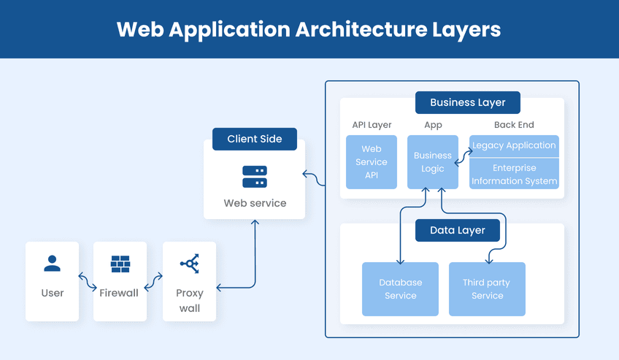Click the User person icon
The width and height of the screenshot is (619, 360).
(x=52, y=264)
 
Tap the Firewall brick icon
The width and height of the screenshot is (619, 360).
(x=120, y=264)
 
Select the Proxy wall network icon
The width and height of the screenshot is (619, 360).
(x=189, y=264)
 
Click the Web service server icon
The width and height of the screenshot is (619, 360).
(x=255, y=176)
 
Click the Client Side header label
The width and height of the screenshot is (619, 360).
(x=255, y=139)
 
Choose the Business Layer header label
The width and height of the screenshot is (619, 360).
(x=468, y=102)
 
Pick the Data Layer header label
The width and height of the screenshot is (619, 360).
(x=458, y=231)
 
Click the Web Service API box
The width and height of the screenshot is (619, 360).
(x=372, y=162)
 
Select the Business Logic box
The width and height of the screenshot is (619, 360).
(x=433, y=162)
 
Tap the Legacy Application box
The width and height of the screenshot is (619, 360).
(x=514, y=145)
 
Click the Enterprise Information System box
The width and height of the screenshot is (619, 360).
(x=514, y=175)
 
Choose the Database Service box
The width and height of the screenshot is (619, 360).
(x=400, y=289)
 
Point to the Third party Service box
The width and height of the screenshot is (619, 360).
(x=487, y=289)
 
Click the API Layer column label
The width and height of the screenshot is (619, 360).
(x=372, y=125)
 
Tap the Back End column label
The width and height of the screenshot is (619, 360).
(x=514, y=125)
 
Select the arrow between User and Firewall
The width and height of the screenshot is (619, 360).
(x=86, y=281)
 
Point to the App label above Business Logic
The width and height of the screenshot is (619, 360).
(x=433, y=125)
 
